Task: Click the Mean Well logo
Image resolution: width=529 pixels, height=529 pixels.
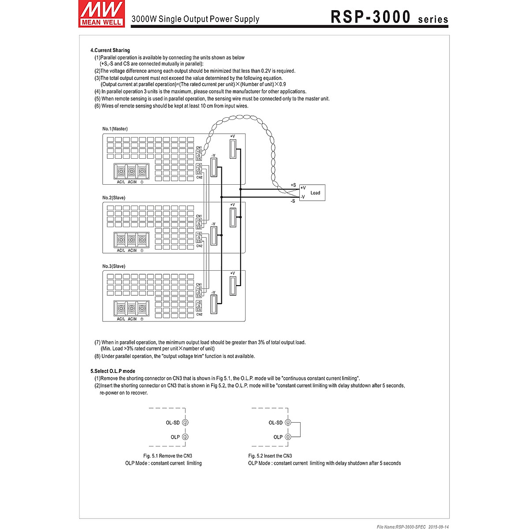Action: [x=101, y=14]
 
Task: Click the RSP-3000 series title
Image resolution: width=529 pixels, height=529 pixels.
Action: [x=389, y=17]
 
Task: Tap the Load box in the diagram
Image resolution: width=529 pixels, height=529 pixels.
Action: [x=312, y=193]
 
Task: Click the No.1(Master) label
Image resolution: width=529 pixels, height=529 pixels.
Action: [x=115, y=129]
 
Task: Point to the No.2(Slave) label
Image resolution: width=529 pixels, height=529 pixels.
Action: [x=114, y=198]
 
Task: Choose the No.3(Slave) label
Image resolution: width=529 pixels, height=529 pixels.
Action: [x=114, y=266]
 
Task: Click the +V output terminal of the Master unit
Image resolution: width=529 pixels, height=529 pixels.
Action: [x=233, y=148]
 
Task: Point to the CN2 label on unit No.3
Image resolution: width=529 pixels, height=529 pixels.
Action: [x=199, y=314]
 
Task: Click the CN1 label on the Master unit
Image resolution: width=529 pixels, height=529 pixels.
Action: [x=199, y=147]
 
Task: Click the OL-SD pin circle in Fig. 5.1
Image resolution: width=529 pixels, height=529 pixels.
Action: [x=185, y=422]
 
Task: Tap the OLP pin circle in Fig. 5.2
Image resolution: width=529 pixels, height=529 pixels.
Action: [x=288, y=437]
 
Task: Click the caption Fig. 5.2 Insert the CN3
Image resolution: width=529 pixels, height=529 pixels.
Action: [x=270, y=456]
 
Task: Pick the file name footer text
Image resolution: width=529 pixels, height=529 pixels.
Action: [x=413, y=526]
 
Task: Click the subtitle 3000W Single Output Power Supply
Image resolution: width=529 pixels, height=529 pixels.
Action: [x=195, y=19]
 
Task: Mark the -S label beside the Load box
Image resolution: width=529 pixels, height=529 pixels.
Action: [x=293, y=201]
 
